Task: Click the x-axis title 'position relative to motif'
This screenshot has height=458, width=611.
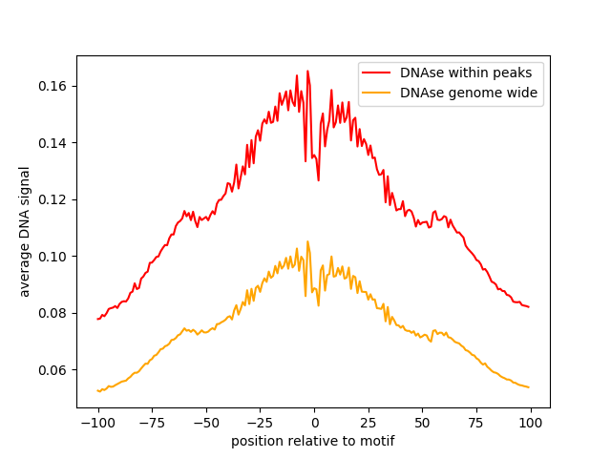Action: [312, 441]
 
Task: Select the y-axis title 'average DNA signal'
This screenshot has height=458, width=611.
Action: [25, 232]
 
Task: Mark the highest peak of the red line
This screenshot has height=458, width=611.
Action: [307, 71]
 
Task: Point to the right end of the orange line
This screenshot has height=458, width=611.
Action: [529, 386]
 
